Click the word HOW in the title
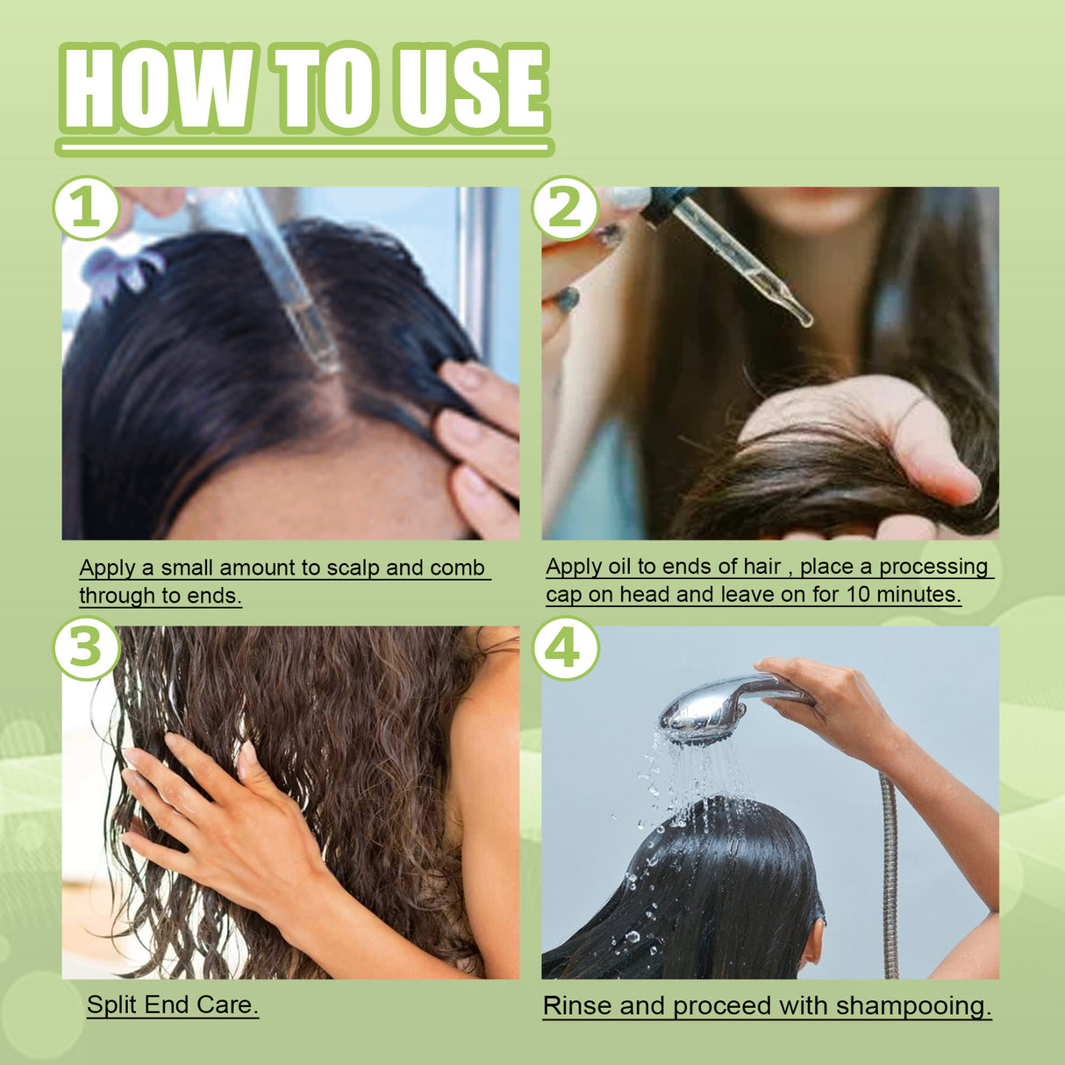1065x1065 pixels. tap(158, 89)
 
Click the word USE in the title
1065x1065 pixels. tap(469, 89)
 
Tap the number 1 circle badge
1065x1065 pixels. tap(86, 209)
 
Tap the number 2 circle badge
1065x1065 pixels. tap(565, 209)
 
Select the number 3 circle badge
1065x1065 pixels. tap(86, 649)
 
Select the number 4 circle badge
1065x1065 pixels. tap(565, 649)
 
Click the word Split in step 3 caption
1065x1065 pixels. tap(112, 1004)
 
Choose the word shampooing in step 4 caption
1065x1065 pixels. tap(912, 1005)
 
